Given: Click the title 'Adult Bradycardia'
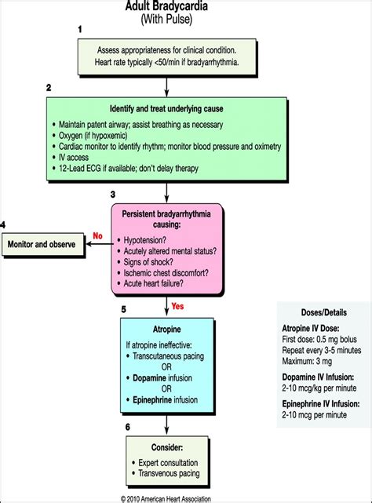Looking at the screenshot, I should coord(167,5).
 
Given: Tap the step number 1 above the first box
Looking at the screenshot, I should coord(79,28).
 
